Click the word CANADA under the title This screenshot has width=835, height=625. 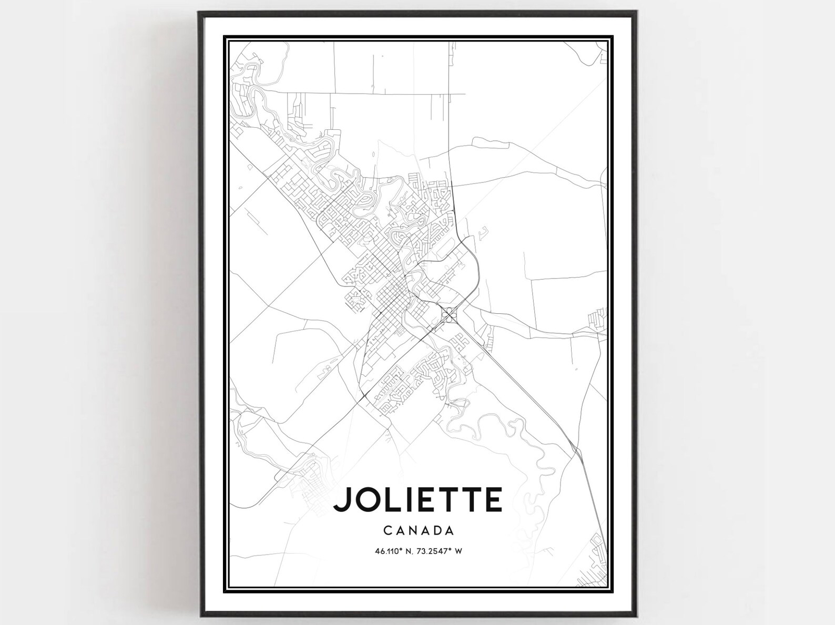click(419, 530)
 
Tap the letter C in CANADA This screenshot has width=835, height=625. click(387, 530)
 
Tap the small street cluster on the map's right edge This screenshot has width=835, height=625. click(596, 319)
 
